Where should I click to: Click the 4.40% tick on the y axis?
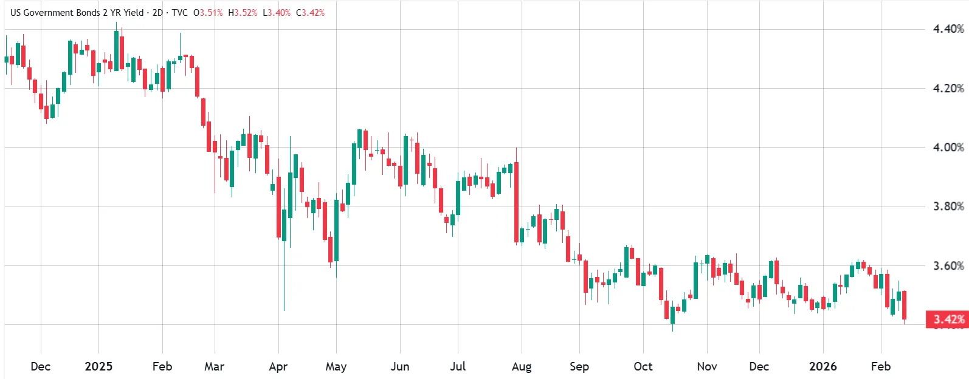tap(948, 29)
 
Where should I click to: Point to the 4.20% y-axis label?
tap(948, 88)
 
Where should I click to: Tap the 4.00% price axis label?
tap(948, 147)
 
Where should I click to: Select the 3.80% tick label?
tap(948, 207)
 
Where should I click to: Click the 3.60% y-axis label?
tap(948, 265)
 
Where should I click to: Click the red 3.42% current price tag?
tap(948, 319)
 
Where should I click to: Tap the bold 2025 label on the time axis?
tap(98, 366)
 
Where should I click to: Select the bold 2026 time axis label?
tap(822, 366)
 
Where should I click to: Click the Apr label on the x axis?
tap(278, 366)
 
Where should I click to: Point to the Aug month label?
tap(522, 366)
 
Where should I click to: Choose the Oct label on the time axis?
tap(643, 366)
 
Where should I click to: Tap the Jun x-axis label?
tap(399, 366)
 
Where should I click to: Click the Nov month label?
tap(706, 366)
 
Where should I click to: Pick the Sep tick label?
tap(579, 366)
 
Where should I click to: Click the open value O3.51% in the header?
tap(208, 12)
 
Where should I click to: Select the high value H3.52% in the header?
tap(243, 12)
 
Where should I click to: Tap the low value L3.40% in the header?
tap(277, 12)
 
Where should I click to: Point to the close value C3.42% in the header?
tap(310, 12)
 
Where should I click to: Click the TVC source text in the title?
tap(179, 12)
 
